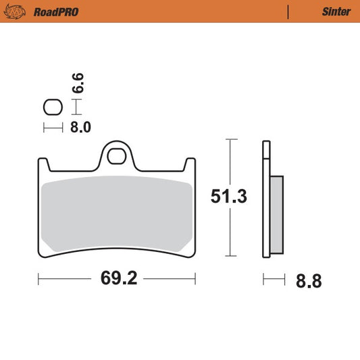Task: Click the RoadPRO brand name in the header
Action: (53, 11)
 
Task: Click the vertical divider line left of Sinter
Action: (289, 11)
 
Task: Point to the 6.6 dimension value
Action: (78, 83)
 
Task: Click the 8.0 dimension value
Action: (80, 126)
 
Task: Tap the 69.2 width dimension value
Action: (117, 278)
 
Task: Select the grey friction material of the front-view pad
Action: (116, 215)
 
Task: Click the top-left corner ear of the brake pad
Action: (43, 163)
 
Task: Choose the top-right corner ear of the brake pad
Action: (190, 163)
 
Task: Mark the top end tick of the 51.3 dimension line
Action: (230, 140)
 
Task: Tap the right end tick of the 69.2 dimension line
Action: (195, 278)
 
